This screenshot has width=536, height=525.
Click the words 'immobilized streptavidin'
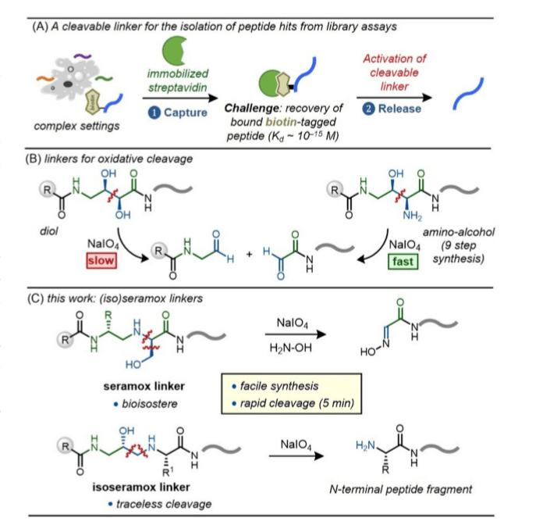click(183, 66)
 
